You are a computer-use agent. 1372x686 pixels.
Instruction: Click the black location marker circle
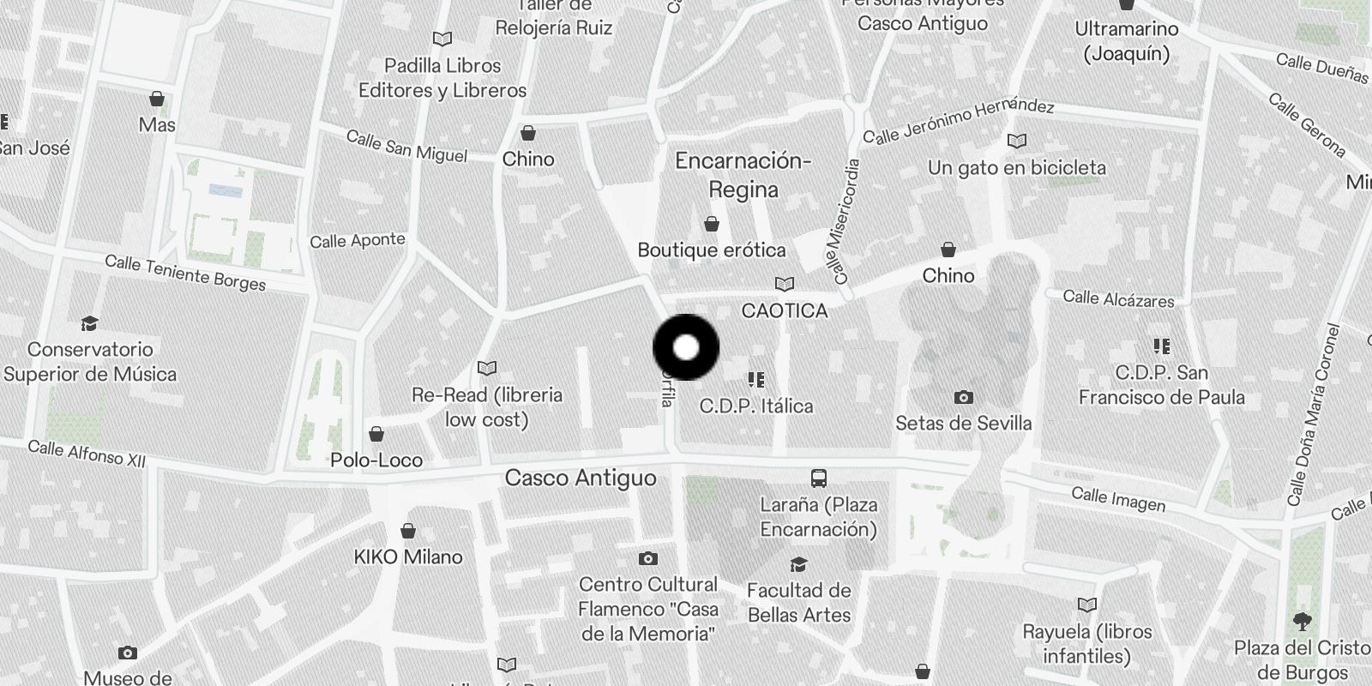click(x=686, y=347)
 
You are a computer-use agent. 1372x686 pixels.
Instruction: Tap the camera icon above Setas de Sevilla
click(x=963, y=397)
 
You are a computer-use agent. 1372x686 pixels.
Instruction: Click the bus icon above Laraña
click(x=819, y=478)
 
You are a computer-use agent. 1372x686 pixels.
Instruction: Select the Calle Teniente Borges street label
click(x=185, y=273)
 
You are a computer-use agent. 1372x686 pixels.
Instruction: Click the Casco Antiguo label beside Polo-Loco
click(x=581, y=478)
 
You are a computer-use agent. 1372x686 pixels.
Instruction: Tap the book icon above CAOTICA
click(x=784, y=284)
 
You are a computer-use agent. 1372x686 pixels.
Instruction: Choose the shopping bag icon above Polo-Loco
click(x=376, y=434)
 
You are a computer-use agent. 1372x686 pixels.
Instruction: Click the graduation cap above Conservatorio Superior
click(x=89, y=323)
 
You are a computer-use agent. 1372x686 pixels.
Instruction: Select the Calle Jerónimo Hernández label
click(x=958, y=121)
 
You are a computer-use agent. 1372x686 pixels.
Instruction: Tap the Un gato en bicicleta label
click(x=1017, y=167)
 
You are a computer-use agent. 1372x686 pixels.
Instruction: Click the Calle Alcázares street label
click(x=1118, y=298)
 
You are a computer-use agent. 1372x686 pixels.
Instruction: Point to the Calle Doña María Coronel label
click(x=1312, y=414)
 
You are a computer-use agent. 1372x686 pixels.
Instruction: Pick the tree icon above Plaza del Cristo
click(x=1302, y=621)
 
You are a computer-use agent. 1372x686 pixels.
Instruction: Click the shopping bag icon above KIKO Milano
click(x=408, y=531)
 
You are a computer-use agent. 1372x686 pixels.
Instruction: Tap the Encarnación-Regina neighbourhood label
click(x=743, y=175)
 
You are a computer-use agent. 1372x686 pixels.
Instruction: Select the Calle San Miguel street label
click(x=406, y=146)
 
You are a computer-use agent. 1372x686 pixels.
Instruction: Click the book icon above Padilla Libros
click(x=442, y=39)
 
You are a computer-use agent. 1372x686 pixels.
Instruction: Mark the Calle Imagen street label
click(x=1118, y=498)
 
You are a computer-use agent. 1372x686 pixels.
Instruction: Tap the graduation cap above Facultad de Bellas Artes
click(x=798, y=563)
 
